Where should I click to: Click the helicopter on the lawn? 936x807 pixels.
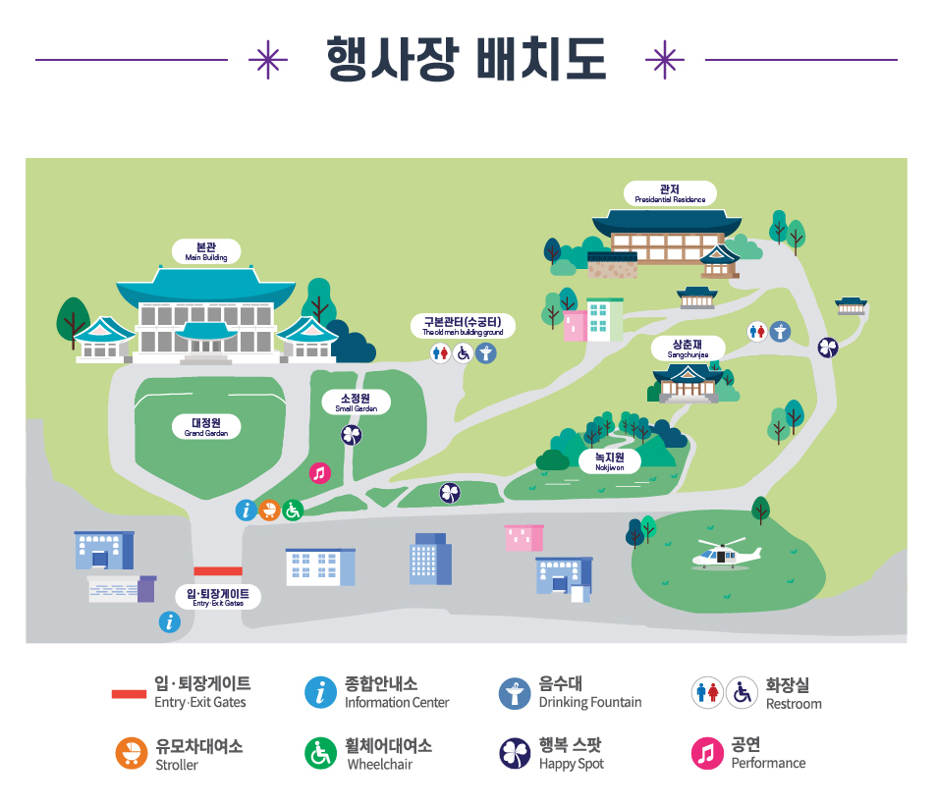coord(726,556)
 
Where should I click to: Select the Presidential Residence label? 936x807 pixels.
coord(670,193)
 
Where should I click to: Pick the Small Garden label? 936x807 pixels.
coord(356,403)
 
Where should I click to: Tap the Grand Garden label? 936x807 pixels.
coord(206,426)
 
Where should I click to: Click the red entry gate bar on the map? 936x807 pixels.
coord(218,570)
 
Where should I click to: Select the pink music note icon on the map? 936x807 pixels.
coord(319,472)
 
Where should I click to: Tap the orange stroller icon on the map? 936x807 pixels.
coord(269,510)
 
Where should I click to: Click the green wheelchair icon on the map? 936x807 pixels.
coord(293,510)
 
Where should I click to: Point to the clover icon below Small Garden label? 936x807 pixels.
coord(351,434)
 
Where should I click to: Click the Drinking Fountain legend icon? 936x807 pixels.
coord(514,693)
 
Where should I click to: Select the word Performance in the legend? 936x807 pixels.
coord(768,763)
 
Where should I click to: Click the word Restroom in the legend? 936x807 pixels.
coord(794,704)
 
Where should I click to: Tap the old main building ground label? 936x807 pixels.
coord(463,326)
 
